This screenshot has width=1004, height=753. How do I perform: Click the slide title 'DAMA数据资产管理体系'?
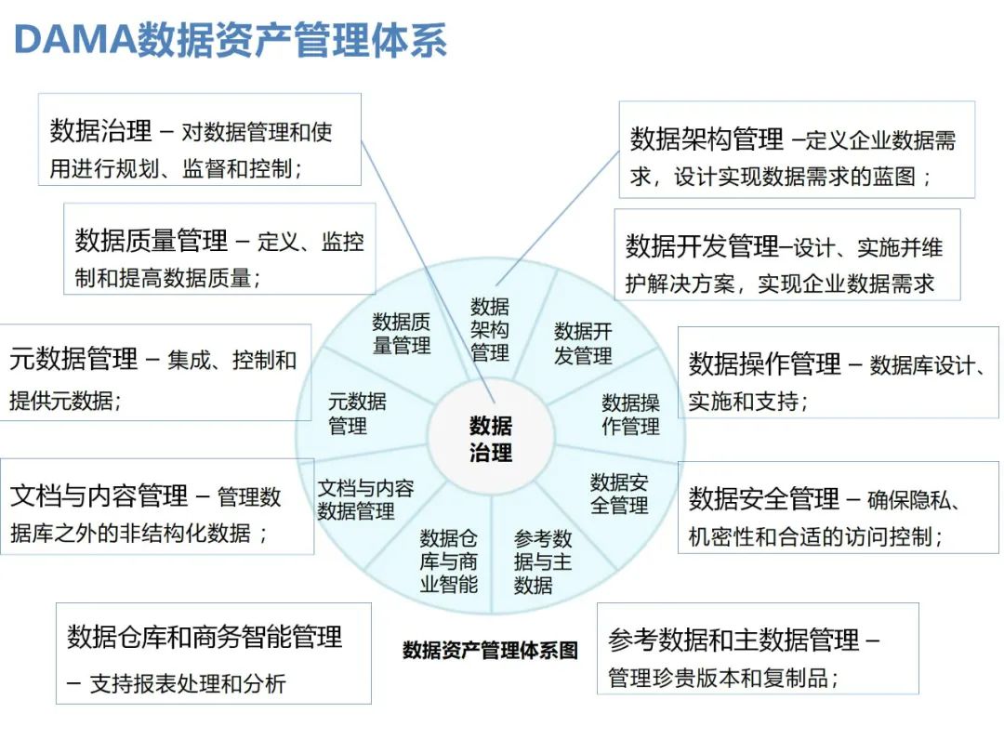tap(230, 42)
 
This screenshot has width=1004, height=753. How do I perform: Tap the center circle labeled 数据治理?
tap(490, 439)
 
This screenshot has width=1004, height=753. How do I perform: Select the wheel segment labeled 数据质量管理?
tap(402, 334)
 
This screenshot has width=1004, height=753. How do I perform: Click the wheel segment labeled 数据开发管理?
tap(583, 343)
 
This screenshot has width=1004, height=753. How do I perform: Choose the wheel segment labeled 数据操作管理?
tap(630, 415)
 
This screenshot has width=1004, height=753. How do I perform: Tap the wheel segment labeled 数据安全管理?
tap(619, 494)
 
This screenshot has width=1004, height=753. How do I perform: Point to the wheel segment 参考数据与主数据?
tap(544, 561)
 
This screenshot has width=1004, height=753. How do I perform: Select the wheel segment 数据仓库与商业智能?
tap(448, 561)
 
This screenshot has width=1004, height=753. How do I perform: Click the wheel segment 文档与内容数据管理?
tap(365, 499)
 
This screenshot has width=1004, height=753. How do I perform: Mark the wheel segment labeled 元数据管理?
tap(357, 414)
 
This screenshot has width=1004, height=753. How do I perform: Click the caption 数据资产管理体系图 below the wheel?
tap(490, 650)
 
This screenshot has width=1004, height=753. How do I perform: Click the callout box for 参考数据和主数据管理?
tap(757, 648)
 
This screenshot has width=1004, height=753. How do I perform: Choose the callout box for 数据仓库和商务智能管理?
tap(213, 653)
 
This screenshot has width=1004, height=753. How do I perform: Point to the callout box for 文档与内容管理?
tap(156, 506)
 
